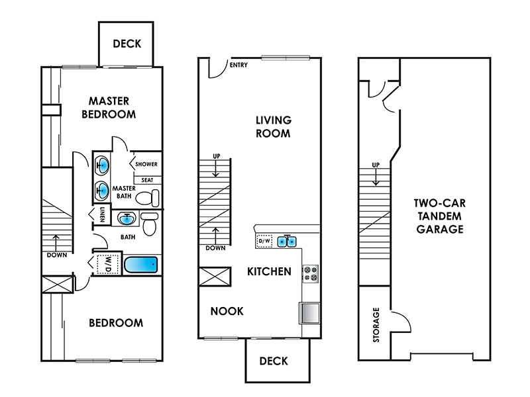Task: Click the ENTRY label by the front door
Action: tap(238, 65)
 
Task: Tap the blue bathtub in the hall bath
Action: tap(140, 265)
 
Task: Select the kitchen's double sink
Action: tap(287, 242)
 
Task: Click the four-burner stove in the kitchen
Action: tap(310, 274)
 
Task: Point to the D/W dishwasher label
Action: tap(264, 241)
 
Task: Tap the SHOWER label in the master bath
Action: tap(146, 164)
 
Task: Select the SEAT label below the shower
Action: tap(147, 180)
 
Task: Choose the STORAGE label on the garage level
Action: tap(376, 325)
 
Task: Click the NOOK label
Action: tap(227, 311)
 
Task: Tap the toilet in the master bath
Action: tap(147, 198)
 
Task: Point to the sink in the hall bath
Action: tap(127, 218)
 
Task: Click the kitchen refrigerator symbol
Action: tap(309, 313)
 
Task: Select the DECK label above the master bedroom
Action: tap(127, 44)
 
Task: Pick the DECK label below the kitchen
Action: tap(274, 361)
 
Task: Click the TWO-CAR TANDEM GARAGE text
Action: tap(440, 216)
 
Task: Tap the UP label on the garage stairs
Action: tap(376, 165)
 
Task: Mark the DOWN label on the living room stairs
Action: tap(215, 248)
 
